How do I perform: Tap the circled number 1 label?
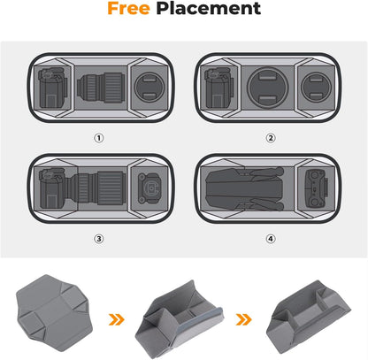coord(98,138)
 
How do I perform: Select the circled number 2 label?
coord(271,138)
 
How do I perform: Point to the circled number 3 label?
coord(98,238)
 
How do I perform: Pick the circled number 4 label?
coord(271,238)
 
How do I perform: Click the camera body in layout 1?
coord(51,90)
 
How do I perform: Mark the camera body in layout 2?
coord(216,90)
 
